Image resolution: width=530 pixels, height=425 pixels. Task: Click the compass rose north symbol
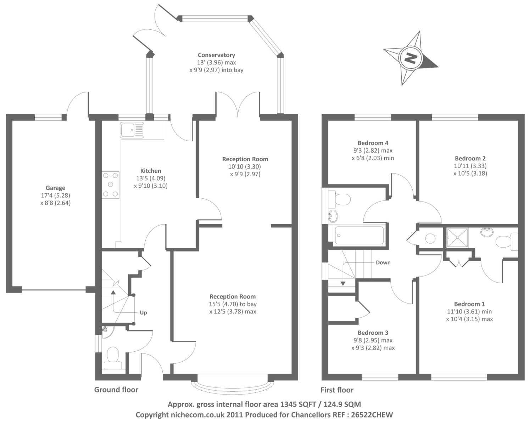pyautogui.click(x=411, y=58)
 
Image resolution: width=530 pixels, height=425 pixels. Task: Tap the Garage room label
pyautogui.click(x=55, y=188)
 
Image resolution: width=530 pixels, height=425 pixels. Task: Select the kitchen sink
pyautogui.click(x=132, y=130)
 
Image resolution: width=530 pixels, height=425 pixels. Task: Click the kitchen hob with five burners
pyautogui.click(x=111, y=185)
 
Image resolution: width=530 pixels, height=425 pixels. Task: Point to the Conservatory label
pyautogui.click(x=216, y=55)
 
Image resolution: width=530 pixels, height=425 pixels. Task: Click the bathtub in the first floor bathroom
pyautogui.click(x=359, y=235)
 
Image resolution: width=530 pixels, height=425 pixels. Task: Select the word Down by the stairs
pyautogui.click(x=383, y=262)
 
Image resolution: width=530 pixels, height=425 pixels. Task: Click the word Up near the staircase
pyautogui.click(x=143, y=312)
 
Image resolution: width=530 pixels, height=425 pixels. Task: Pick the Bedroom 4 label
pyautogui.click(x=373, y=143)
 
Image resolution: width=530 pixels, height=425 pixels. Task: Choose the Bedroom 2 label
pyautogui.click(x=470, y=158)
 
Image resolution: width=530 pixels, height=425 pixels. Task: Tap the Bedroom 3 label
pyautogui.click(x=373, y=333)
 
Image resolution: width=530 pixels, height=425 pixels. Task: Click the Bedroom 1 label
pyautogui.click(x=469, y=304)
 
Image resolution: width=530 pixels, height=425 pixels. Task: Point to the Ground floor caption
pyautogui.click(x=116, y=390)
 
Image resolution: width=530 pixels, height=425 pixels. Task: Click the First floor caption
pyautogui.click(x=337, y=390)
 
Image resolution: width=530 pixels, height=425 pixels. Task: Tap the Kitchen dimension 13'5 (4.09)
pyautogui.click(x=151, y=178)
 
